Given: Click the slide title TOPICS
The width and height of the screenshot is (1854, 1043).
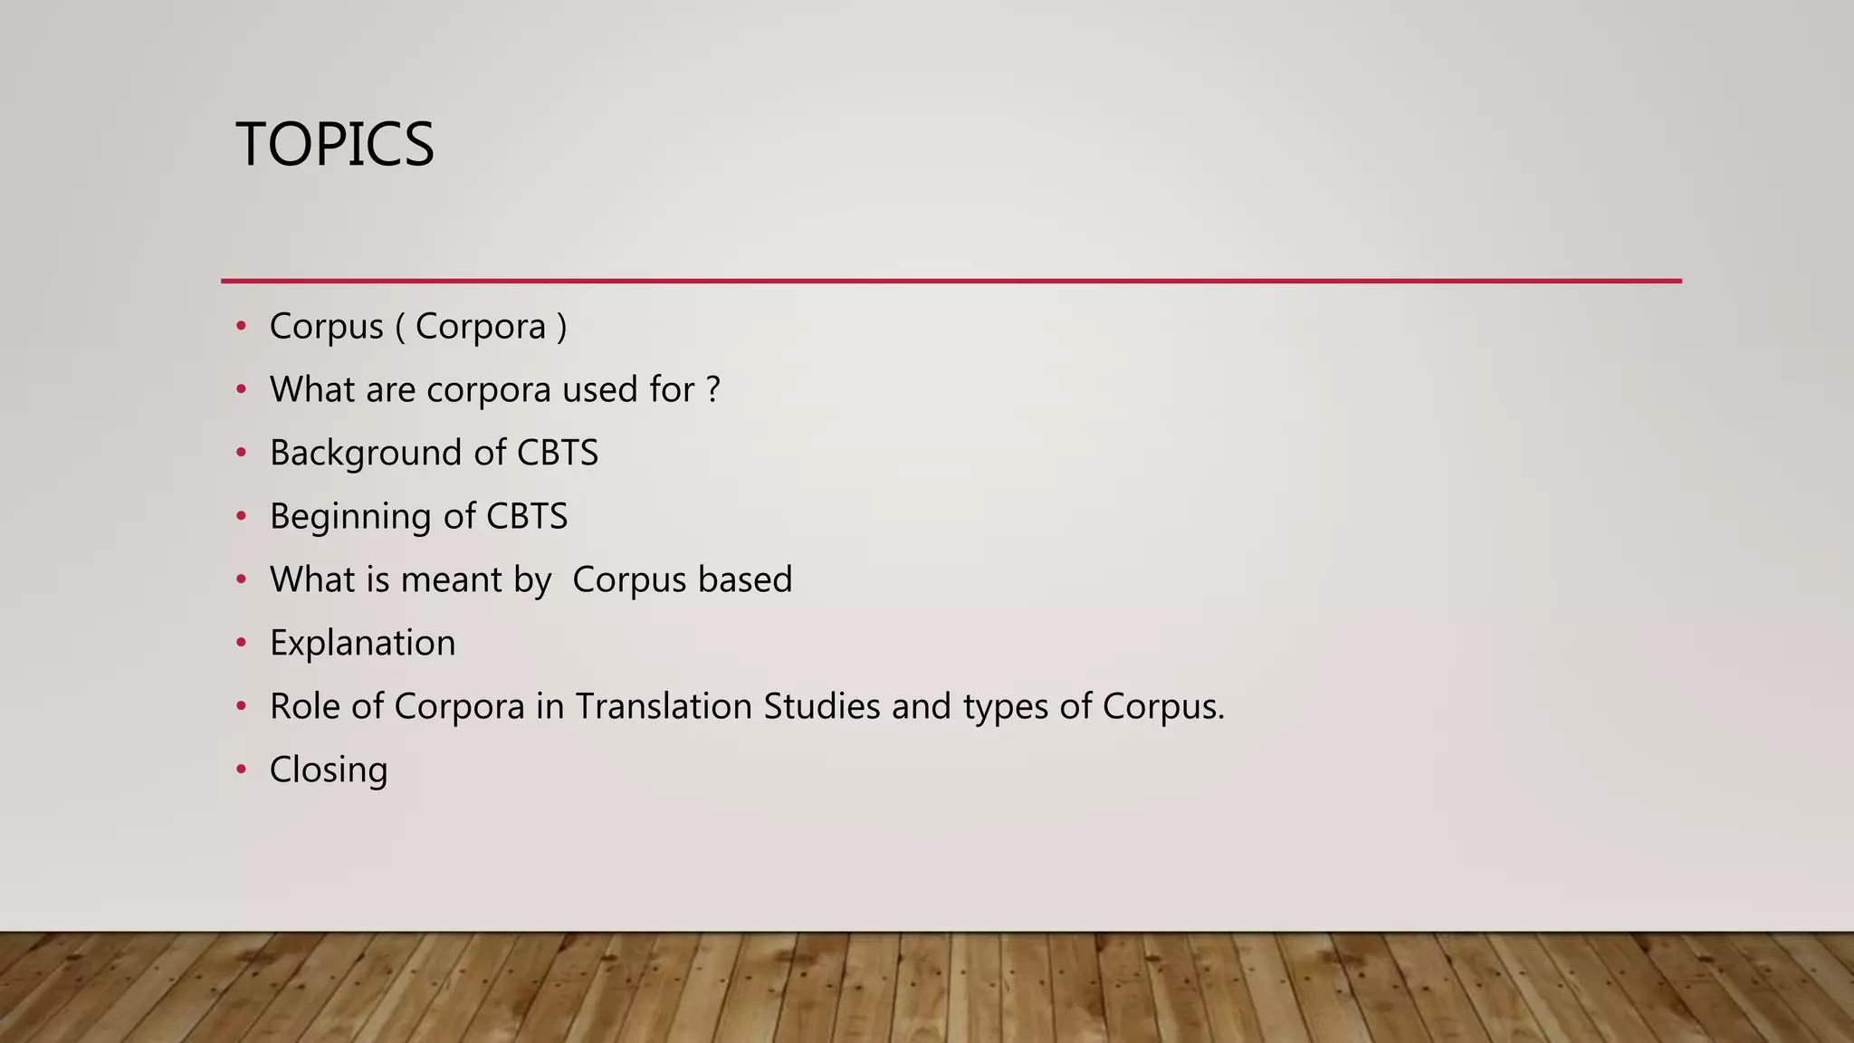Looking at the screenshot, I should pos(335,145).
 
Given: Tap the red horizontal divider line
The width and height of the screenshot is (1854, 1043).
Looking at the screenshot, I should pos(951,281).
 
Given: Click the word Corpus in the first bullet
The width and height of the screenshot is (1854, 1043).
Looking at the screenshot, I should pos(326,327).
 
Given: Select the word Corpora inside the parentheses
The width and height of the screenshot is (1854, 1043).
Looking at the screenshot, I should pos(481,327).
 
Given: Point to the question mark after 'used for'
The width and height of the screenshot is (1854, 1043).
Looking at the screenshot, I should pos(712,389).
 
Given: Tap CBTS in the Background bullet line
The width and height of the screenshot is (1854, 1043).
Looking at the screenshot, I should pos(558,453).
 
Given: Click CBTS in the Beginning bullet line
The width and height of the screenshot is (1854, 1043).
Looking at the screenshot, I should pos(527,516).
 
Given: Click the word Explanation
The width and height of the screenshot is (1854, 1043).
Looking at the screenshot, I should pos(363,644).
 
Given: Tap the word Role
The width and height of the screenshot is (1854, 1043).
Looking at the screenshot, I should pos(305,706).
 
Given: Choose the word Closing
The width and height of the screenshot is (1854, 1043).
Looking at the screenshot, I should pos(329,770).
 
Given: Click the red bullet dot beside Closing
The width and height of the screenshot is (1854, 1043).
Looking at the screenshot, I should pos(241,770).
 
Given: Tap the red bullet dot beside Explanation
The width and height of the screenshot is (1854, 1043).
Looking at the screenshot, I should pos(241,643).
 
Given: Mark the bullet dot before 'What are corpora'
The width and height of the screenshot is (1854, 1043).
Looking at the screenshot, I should pos(241,389).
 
